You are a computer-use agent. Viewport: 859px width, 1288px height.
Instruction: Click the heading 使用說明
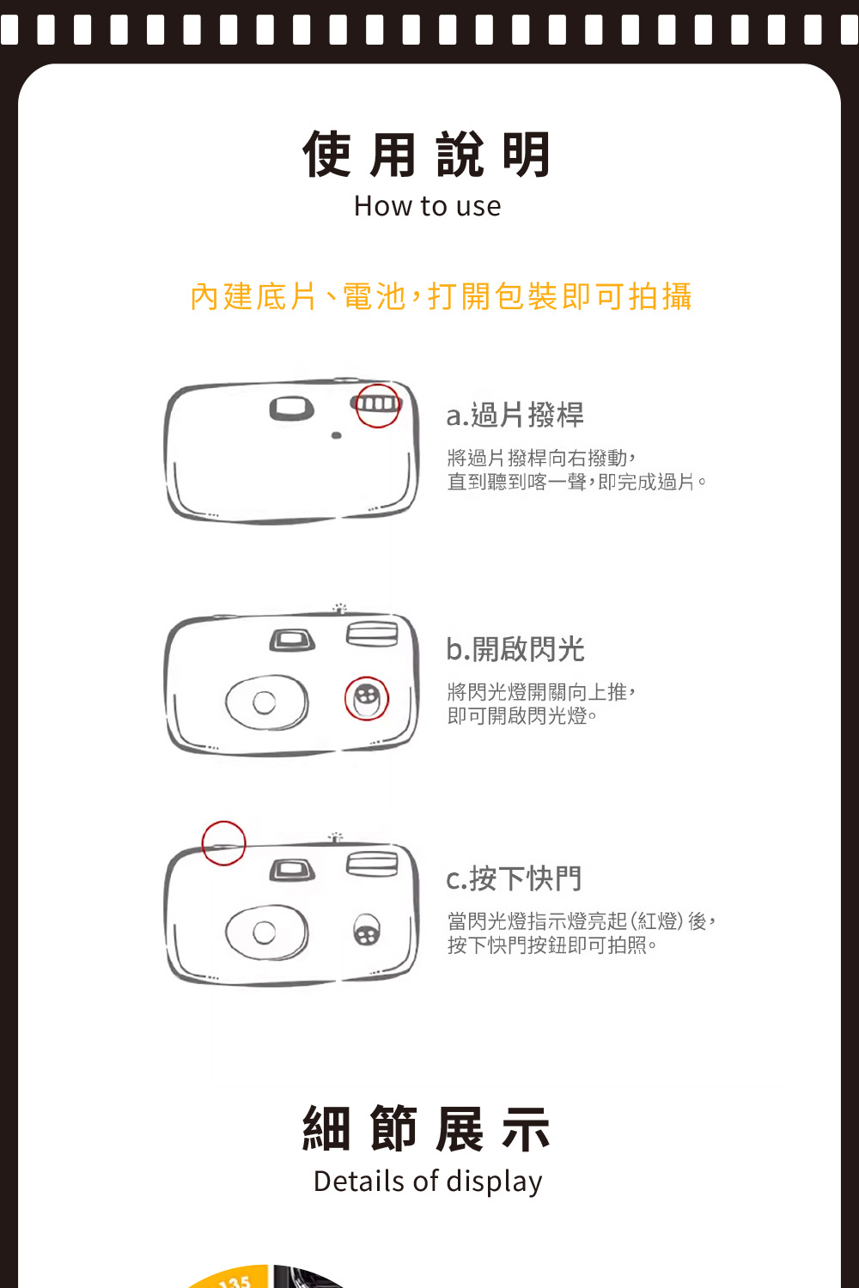click(x=427, y=154)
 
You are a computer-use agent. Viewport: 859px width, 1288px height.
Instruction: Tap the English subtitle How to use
click(x=427, y=206)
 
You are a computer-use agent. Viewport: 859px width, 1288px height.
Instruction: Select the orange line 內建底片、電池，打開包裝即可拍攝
click(x=441, y=297)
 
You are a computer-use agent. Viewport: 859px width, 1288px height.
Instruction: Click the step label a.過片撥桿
click(x=515, y=415)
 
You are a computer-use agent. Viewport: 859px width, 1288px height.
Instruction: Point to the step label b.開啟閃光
click(x=515, y=649)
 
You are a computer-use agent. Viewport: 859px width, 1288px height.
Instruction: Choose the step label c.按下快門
click(x=514, y=878)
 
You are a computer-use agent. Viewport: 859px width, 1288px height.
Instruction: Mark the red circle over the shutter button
click(x=224, y=823)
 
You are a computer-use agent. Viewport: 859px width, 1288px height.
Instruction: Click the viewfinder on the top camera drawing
click(x=292, y=408)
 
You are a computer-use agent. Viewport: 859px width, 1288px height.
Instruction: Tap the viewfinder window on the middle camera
click(x=292, y=640)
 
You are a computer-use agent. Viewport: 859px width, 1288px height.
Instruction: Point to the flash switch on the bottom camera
click(x=367, y=930)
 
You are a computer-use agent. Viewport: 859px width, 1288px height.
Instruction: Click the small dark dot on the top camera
click(x=337, y=435)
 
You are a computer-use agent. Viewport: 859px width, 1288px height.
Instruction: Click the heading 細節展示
click(x=427, y=1128)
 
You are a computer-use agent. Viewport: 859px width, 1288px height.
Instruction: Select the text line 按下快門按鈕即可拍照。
click(x=551, y=945)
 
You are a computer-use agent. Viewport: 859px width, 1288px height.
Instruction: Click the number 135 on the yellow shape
click(x=235, y=1280)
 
